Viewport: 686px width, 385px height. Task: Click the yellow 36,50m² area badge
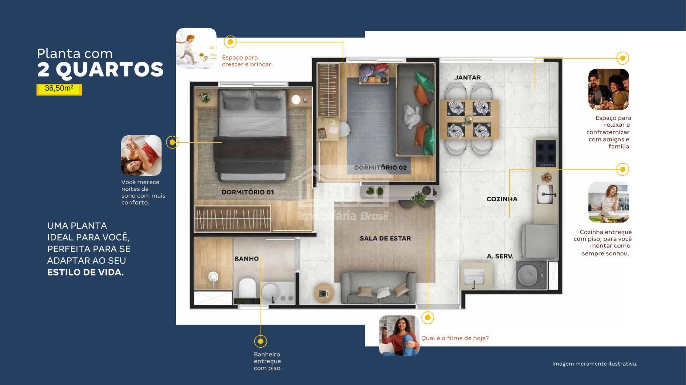point(59,89)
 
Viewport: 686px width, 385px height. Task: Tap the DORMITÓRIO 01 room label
point(248,192)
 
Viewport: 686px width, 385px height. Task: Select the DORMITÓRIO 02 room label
point(380,167)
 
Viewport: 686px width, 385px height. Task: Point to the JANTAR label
point(467,77)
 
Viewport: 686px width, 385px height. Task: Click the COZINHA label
point(502,199)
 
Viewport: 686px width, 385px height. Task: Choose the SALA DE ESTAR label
point(385,238)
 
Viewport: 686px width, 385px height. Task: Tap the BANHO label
point(247,259)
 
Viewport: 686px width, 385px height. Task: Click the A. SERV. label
point(500,256)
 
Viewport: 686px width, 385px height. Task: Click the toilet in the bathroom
point(247,288)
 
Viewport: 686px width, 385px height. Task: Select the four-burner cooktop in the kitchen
point(546,153)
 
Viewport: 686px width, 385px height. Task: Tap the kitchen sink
point(546,194)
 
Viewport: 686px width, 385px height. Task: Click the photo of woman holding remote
point(399,336)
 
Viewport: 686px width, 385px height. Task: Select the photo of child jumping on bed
point(196,48)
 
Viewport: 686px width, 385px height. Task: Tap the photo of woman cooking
point(608,202)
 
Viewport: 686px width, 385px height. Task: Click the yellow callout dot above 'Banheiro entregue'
point(260,341)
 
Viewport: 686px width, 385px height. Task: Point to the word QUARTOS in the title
point(110,69)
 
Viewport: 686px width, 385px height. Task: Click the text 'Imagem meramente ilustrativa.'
point(595,364)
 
